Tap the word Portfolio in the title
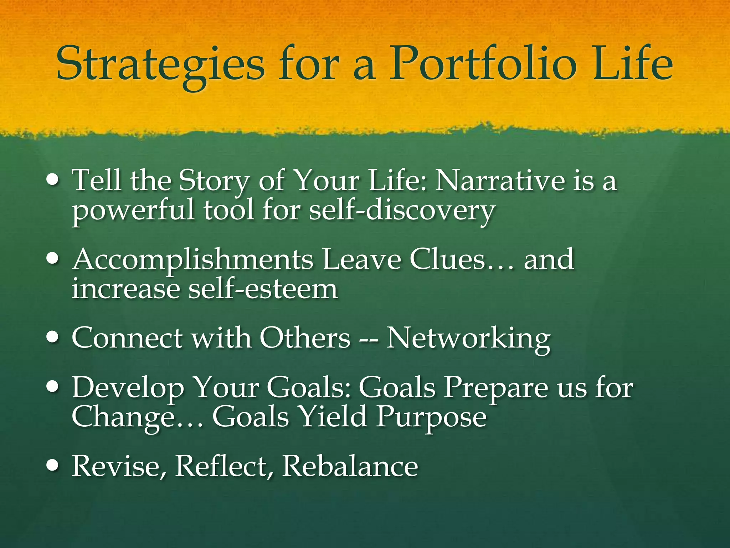[x=483, y=64]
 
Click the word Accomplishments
[x=192, y=260]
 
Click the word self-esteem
[x=263, y=289]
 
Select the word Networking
[x=468, y=338]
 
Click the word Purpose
[x=431, y=417]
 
